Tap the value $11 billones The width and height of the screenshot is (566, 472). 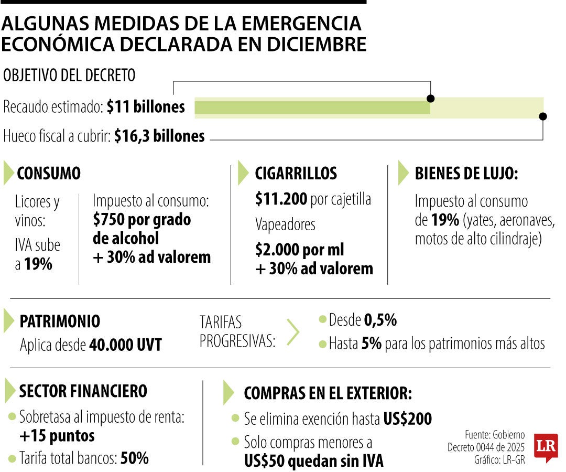coord(146,107)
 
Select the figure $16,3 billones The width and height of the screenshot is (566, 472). coord(159,136)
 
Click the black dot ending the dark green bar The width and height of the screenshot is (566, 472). coord(431,99)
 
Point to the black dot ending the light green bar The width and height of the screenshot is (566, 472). coord(543,116)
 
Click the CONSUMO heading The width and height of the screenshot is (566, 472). coord(49,173)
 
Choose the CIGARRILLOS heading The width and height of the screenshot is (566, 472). coord(296,173)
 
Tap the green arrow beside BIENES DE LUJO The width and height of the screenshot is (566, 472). coord(403,173)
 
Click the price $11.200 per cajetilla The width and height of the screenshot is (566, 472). coord(281,199)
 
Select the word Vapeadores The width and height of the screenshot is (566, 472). coord(285,224)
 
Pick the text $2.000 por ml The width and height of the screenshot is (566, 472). coord(300,250)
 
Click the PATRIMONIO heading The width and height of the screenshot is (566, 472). coord(59,321)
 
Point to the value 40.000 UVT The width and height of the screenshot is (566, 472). coord(125,345)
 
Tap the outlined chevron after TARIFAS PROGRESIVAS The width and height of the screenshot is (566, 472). coord(293,332)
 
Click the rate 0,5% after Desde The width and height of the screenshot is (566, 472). coord(380,319)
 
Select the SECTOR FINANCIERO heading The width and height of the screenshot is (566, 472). coord(83,391)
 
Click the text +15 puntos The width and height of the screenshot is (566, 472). coord(57,435)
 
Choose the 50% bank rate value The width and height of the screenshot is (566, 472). coord(135,458)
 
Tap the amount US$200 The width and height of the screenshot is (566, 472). coord(407,419)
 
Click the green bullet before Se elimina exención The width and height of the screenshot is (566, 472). coord(236,419)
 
